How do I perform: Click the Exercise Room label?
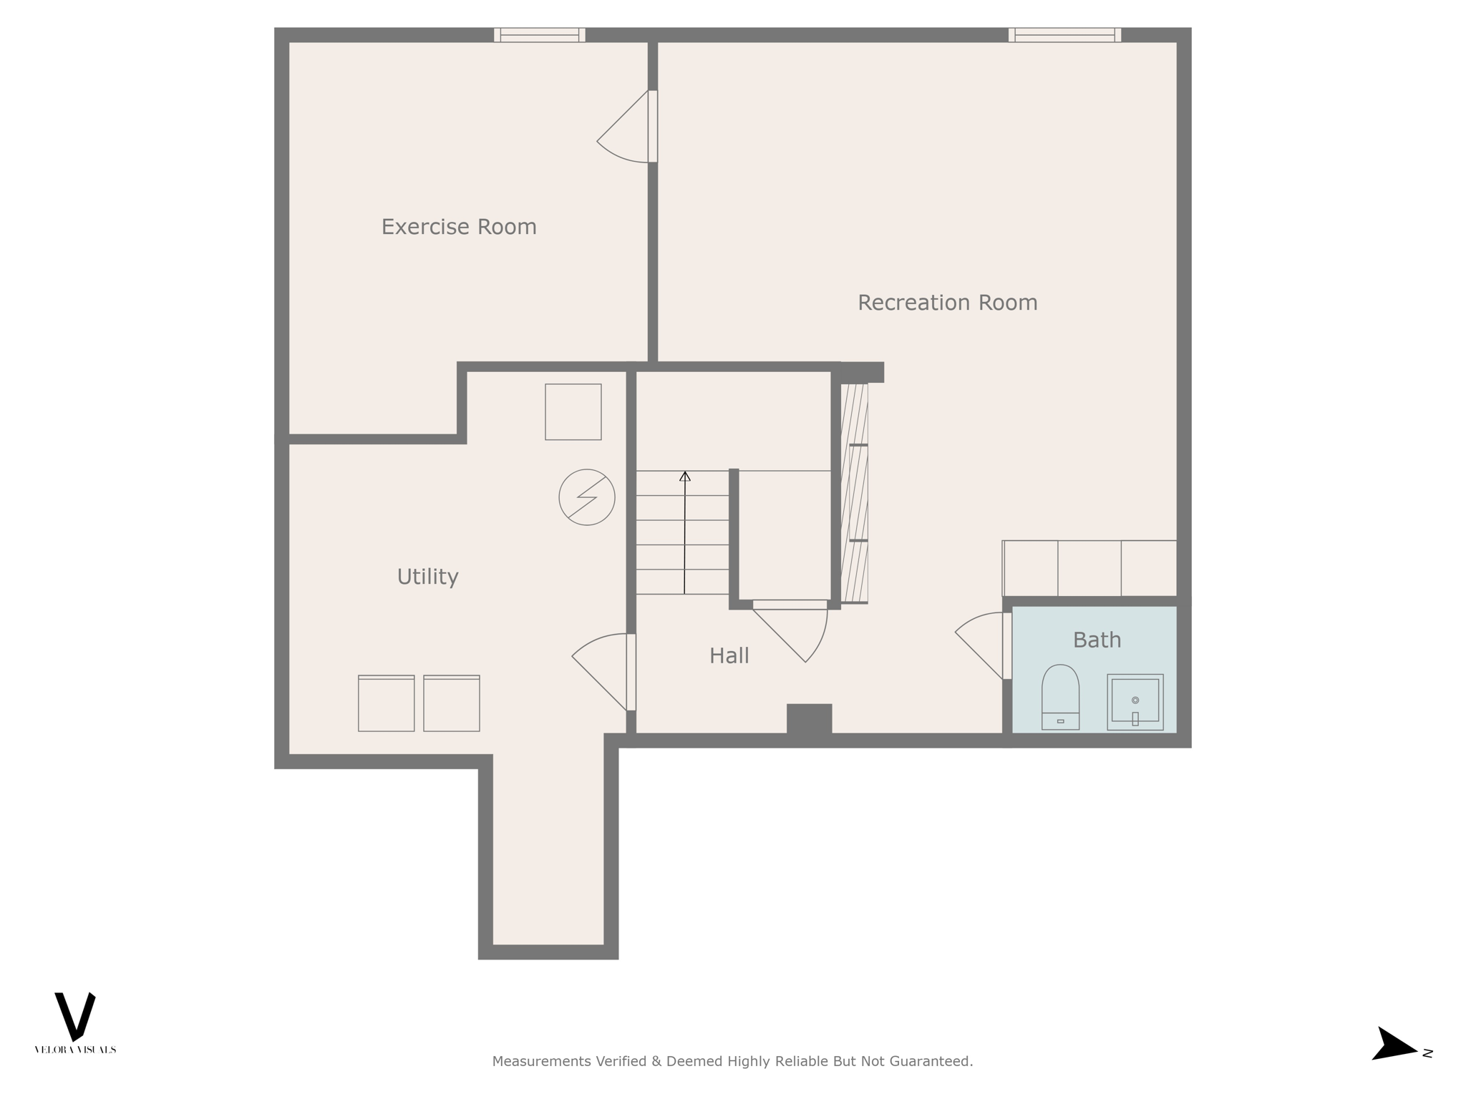coord(459,227)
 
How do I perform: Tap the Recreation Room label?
coord(947,303)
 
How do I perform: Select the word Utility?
coord(427,577)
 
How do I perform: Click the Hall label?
coord(729,655)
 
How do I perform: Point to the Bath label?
coord(1097,640)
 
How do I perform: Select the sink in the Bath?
coord(1135,701)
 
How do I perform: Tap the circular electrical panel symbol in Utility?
coord(587,497)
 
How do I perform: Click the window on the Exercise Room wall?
coord(540,35)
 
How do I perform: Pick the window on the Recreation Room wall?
coord(1064,35)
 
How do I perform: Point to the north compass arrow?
coord(1394,1064)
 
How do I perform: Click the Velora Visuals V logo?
coord(75,1016)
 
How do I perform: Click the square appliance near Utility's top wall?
coord(573,411)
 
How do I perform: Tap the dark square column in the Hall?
coord(809,719)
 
